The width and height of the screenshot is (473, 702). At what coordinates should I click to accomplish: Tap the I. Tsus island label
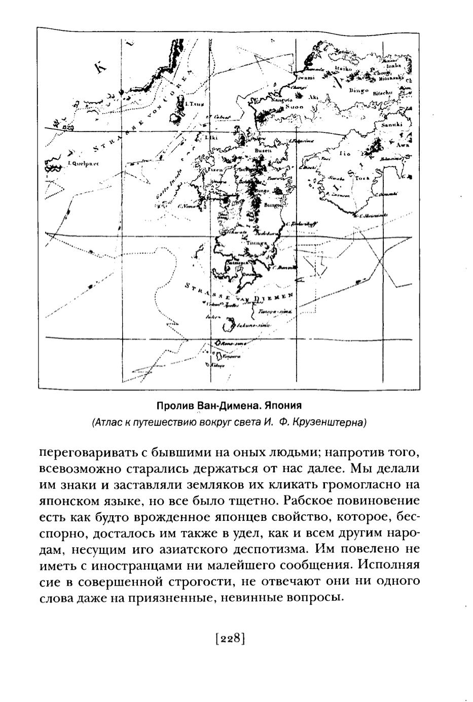(x=195, y=104)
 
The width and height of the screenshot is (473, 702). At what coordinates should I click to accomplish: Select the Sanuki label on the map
(x=391, y=124)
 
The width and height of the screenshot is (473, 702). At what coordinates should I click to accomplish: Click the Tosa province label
(x=362, y=178)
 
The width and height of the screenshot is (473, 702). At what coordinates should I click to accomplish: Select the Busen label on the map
(x=263, y=150)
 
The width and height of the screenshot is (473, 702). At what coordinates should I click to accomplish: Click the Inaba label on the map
(x=393, y=65)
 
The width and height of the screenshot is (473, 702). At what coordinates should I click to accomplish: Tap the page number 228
(x=230, y=638)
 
